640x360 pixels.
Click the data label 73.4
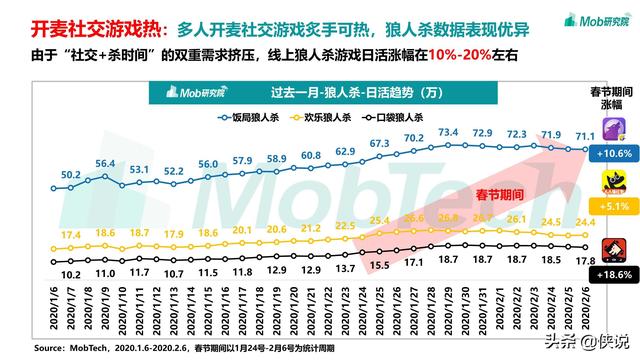pos(447,132)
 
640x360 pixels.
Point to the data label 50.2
pos(71,174)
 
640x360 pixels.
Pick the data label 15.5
pos(379,264)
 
